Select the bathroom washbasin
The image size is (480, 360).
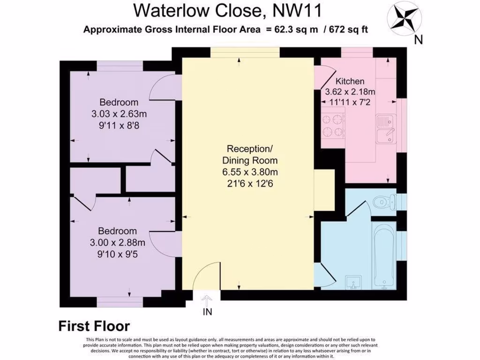pos(352,283)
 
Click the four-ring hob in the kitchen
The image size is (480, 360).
pos(332,124)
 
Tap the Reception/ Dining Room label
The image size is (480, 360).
pos(248,155)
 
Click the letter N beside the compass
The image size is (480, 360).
pos(419,40)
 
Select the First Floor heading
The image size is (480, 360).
pos(94,326)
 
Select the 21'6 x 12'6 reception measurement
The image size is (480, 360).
pos(248,184)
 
